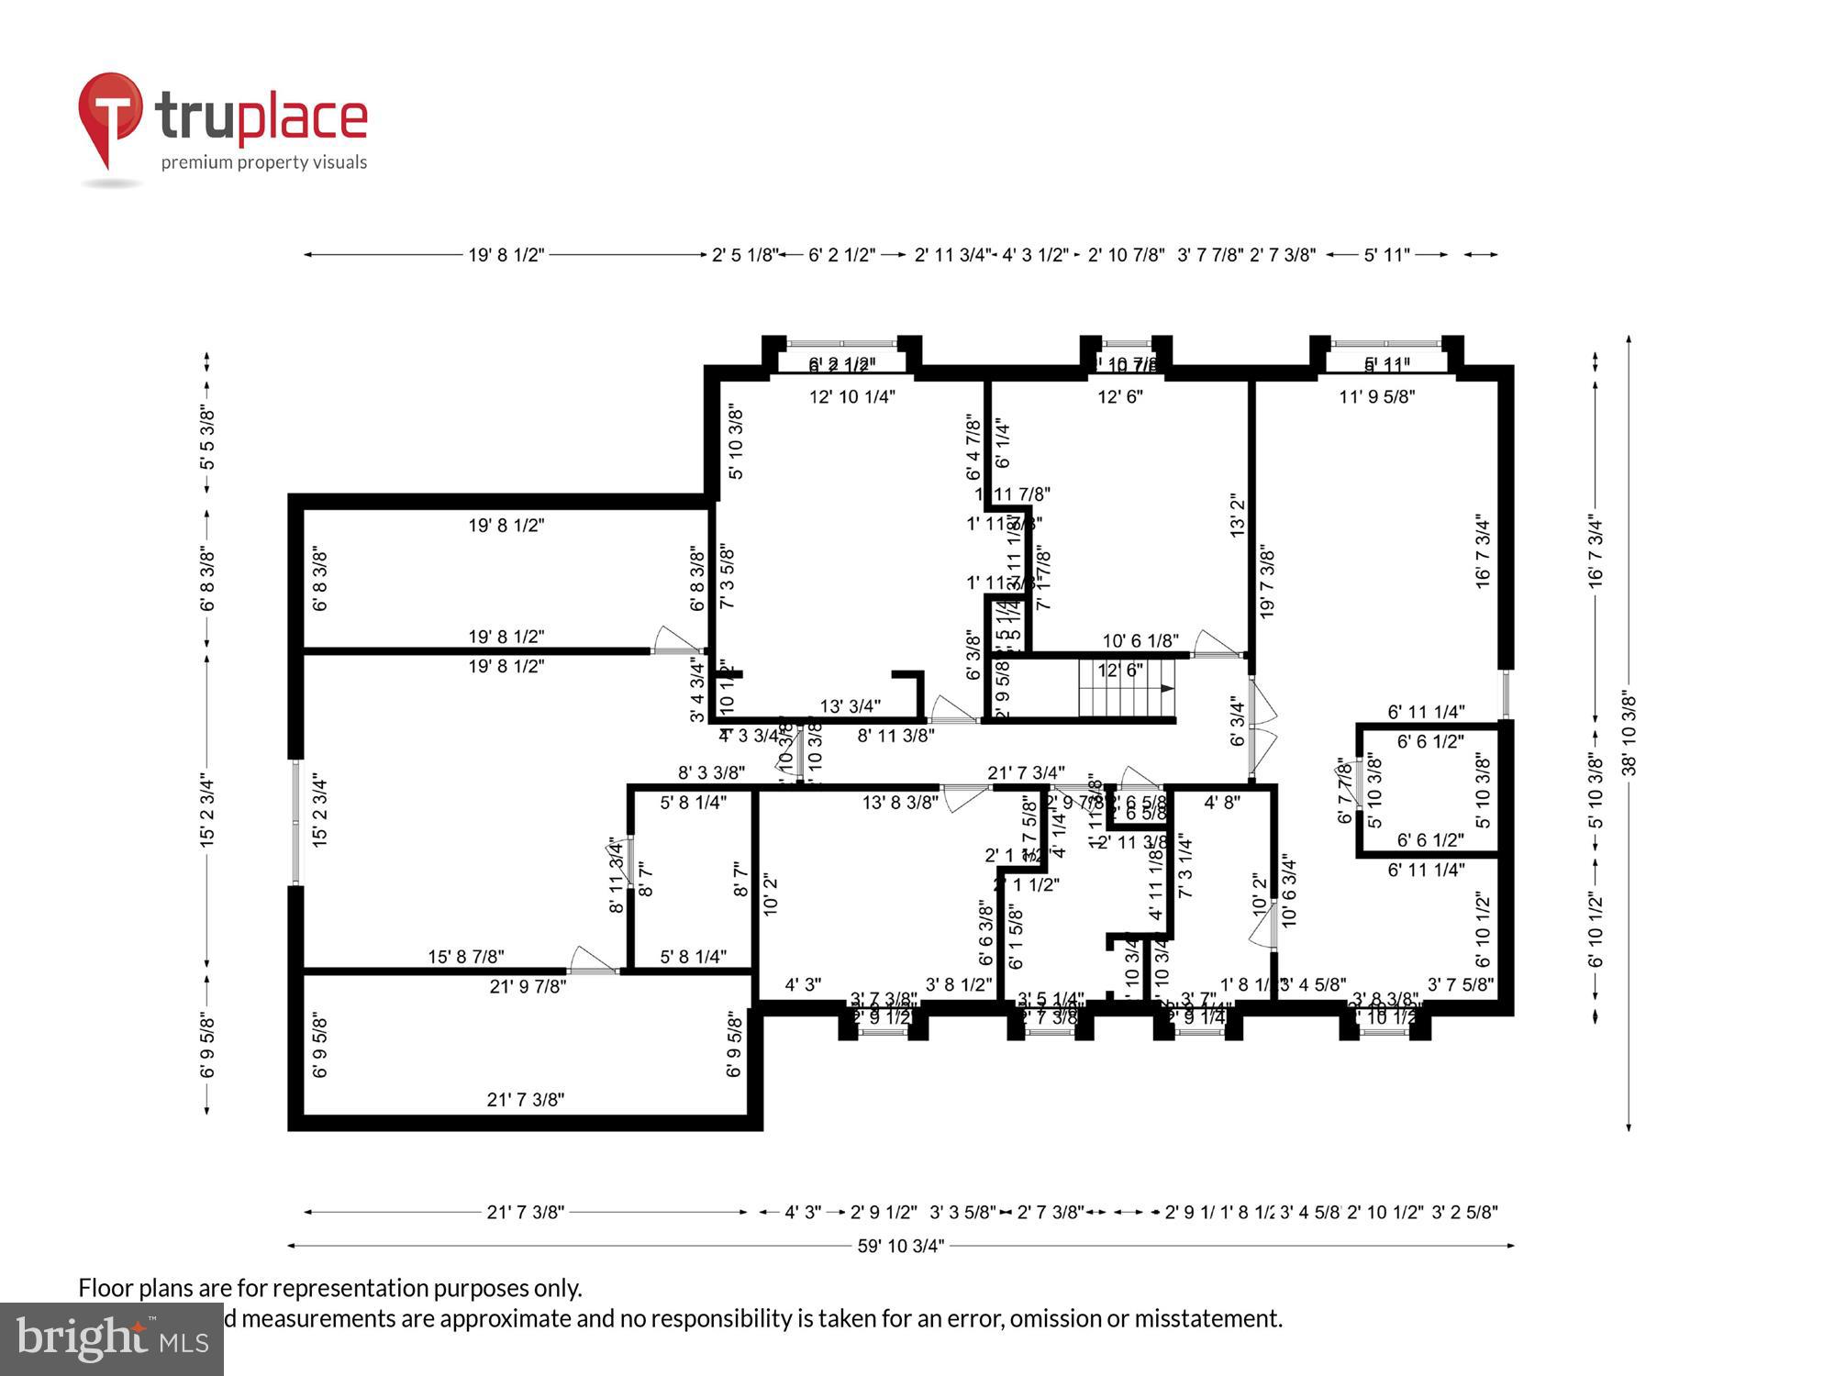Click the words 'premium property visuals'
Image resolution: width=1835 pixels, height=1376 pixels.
click(264, 162)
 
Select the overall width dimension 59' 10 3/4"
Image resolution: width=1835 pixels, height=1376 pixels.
click(900, 1246)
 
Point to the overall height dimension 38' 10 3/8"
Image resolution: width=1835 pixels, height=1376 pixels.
click(1629, 734)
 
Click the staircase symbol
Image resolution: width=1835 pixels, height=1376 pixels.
click(1127, 688)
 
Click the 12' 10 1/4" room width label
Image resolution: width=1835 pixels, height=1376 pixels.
click(851, 396)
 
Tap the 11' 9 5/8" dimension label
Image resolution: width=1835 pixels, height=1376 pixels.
click(1376, 396)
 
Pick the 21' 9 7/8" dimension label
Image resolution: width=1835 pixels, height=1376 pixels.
click(528, 987)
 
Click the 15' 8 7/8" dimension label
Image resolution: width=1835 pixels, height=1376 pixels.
click(465, 958)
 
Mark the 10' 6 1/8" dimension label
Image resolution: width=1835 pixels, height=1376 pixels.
click(1140, 640)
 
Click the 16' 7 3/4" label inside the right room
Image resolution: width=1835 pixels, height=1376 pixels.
click(1483, 551)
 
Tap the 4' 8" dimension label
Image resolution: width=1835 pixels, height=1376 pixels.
click(1221, 803)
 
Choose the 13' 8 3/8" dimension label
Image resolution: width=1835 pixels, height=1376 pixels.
click(900, 803)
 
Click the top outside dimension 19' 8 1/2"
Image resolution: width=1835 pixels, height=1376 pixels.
click(506, 254)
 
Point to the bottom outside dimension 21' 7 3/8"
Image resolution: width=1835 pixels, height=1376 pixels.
click(525, 1212)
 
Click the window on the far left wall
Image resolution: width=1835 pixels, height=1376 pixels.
click(295, 822)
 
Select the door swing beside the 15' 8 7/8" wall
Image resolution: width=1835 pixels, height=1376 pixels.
click(592, 960)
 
